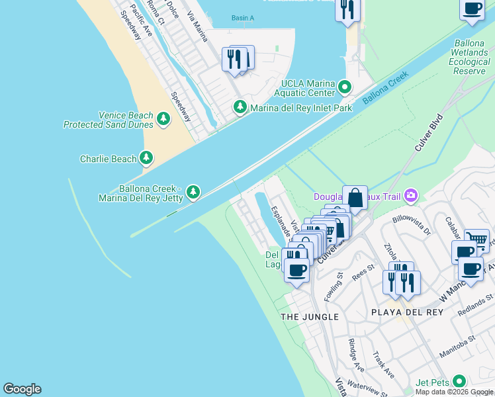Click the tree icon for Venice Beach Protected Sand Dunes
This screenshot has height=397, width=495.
point(163,119)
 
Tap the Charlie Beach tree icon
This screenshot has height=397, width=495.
point(146,158)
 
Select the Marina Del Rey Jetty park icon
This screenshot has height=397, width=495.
point(193,192)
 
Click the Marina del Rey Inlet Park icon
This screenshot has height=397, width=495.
point(240,107)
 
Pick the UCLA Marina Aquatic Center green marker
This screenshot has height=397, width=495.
point(344,87)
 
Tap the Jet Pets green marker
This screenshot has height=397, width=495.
point(459,382)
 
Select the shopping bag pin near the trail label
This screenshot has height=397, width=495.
point(355,198)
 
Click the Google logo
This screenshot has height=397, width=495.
point(22,389)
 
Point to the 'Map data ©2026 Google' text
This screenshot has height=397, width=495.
point(454,392)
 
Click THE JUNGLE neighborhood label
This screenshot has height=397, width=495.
point(310,317)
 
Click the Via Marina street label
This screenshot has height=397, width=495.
point(197,26)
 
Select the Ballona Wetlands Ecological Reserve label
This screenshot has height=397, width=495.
point(469,56)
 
